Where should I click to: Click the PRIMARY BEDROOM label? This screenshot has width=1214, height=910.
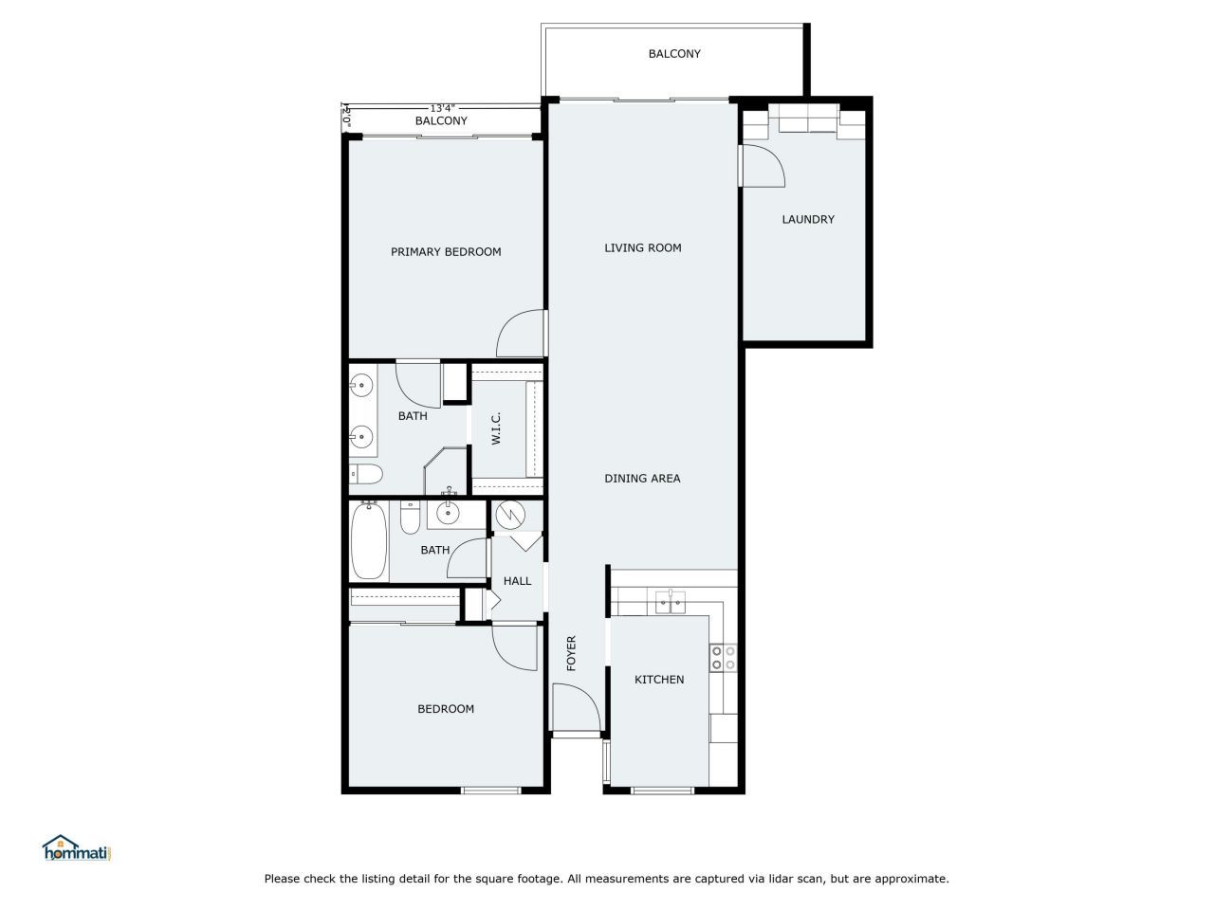[446, 252]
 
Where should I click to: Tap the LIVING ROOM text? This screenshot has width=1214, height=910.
[643, 248]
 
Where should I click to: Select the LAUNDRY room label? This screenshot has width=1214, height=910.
[808, 220]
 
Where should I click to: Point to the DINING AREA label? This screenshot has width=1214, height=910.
[642, 479]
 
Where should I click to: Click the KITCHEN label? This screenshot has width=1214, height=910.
[659, 680]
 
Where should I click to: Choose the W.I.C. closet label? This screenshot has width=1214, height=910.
[496, 428]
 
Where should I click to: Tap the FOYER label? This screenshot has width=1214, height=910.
[572, 653]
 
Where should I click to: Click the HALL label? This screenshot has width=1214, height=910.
[517, 581]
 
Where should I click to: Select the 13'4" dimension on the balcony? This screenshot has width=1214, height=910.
[443, 108]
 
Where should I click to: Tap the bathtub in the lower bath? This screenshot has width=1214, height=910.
[369, 541]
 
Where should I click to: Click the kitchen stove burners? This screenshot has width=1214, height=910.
[724, 658]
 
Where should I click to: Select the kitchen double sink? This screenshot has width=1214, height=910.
[671, 601]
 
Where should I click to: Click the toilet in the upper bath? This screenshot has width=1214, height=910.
[366, 473]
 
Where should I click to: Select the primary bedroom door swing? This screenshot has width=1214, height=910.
[522, 334]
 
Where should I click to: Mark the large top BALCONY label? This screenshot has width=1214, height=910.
[674, 54]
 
